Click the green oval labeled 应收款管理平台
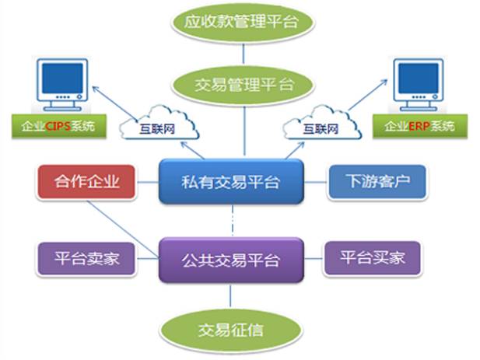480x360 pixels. [242, 23]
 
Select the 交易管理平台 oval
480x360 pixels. [243, 85]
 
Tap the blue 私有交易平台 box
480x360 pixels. [231, 181]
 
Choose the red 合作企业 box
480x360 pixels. [86, 181]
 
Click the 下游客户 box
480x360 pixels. [377, 181]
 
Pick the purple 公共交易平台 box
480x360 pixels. [231, 260]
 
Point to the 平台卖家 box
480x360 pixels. [86, 258]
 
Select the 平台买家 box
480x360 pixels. [372, 258]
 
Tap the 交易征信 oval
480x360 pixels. [231, 330]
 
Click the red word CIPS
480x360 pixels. [58, 126]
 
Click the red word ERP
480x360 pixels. [419, 126]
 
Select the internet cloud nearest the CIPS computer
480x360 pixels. [159, 123]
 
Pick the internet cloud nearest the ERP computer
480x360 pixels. [322, 123]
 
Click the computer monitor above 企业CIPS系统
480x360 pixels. [62, 85]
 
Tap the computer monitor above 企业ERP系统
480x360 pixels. [419, 85]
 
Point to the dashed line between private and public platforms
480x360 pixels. [233, 221]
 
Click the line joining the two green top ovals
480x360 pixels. [244, 54]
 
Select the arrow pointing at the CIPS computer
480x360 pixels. [115, 103]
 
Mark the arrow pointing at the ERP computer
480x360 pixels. [368, 95]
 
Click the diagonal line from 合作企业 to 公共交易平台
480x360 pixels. [123, 229]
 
